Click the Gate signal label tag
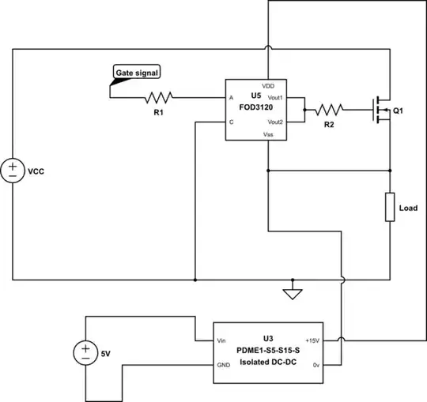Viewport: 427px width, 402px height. coord(137,73)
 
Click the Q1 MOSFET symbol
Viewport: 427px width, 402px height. coord(383,111)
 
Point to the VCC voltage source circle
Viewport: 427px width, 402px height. coord(14,171)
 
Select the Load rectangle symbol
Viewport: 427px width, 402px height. coord(390,207)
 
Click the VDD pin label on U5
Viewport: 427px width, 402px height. coord(268,85)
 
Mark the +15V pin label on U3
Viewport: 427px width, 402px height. coord(312,340)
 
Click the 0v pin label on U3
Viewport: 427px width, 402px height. coord(316,366)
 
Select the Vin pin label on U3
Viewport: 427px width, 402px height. coord(221,340)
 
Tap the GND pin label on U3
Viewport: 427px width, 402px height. coord(223,366)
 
